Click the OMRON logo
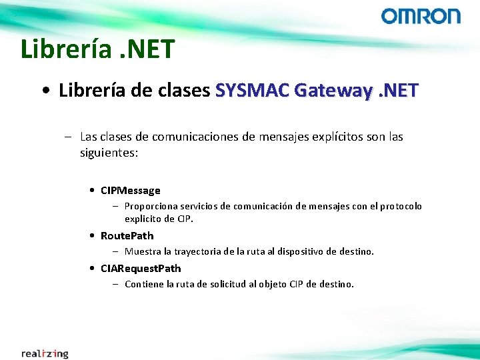click(421, 16)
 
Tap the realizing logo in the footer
click(45, 353)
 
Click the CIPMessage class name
click(131, 190)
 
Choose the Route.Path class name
click(127, 235)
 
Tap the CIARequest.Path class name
click(141, 268)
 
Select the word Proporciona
click(149, 207)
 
